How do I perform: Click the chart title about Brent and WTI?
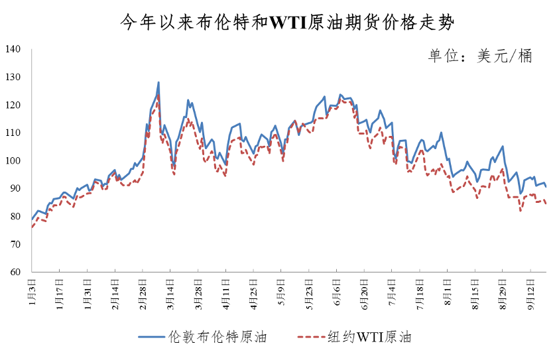[279, 22]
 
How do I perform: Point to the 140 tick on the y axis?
[14, 50]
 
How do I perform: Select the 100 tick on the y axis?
[14, 161]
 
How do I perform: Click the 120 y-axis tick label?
[14, 105]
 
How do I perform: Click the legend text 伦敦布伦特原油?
[217, 337]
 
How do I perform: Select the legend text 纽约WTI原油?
[369, 337]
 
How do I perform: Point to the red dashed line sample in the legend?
[308, 337]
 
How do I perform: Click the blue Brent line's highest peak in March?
[158, 83]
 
